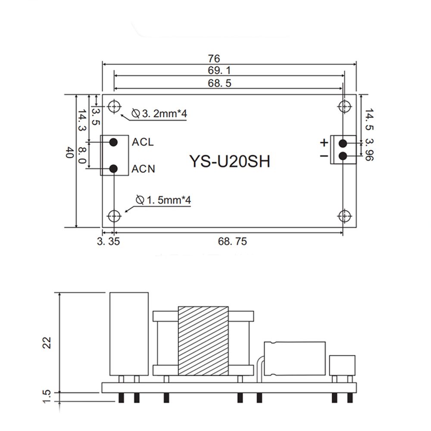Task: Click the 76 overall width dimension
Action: tap(214, 58)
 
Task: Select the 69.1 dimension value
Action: tap(220, 71)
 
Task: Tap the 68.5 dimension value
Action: tap(220, 84)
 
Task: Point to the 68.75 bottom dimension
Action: tap(232, 242)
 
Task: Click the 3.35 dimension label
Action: tap(108, 242)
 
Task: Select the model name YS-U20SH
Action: tap(230, 162)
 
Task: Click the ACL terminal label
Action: tap(143, 142)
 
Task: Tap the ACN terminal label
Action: tap(144, 169)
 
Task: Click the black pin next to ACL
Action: tap(114, 142)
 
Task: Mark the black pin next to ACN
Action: tap(114, 169)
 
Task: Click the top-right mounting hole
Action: tap(344, 106)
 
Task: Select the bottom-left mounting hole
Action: tap(114, 215)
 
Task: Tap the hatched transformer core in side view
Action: tap(203, 340)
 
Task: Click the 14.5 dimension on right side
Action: tap(369, 120)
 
